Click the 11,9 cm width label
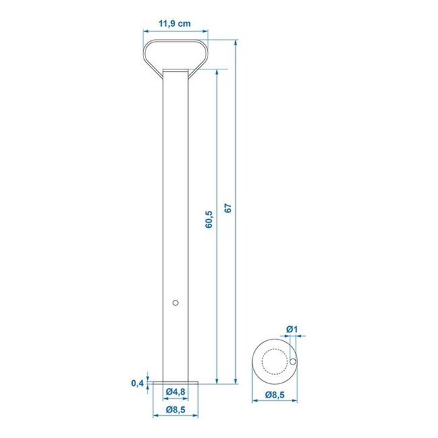click(175, 24)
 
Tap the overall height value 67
click(228, 209)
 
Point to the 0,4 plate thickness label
click(137, 383)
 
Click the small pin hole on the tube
click(175, 303)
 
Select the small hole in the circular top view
click(294, 362)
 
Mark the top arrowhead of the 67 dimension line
click(236, 42)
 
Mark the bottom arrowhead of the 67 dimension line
click(236, 382)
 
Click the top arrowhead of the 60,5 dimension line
click(216, 72)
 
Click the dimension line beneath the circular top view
click(274, 402)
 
